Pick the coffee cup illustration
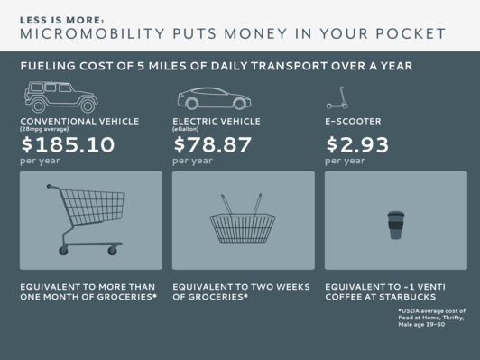tap(394, 225)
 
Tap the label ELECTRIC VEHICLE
tap(217, 119)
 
